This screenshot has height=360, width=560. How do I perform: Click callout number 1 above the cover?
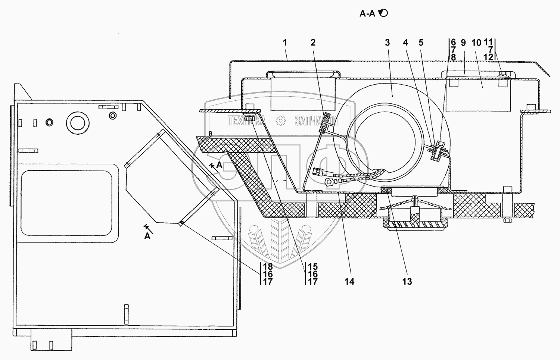[285, 43]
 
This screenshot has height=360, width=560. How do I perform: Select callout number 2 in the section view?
[313, 43]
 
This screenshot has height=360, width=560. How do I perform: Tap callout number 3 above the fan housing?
[387, 43]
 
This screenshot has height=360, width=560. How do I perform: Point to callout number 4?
[406, 43]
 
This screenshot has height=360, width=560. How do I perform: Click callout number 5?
[421, 43]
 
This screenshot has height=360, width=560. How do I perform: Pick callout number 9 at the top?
[463, 43]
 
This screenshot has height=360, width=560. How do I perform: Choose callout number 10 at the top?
[476, 43]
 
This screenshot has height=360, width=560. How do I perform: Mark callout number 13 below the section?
[407, 281]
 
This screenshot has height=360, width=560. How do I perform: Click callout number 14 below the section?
[349, 281]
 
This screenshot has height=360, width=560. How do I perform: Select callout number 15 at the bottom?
[313, 266]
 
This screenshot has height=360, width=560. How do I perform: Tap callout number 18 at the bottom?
[268, 266]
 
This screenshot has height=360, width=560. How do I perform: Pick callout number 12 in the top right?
[489, 57]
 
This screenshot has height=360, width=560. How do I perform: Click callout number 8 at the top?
[453, 57]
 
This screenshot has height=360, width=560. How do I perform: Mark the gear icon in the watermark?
[280, 120]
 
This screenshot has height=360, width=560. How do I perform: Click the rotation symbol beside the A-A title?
[383, 14]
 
